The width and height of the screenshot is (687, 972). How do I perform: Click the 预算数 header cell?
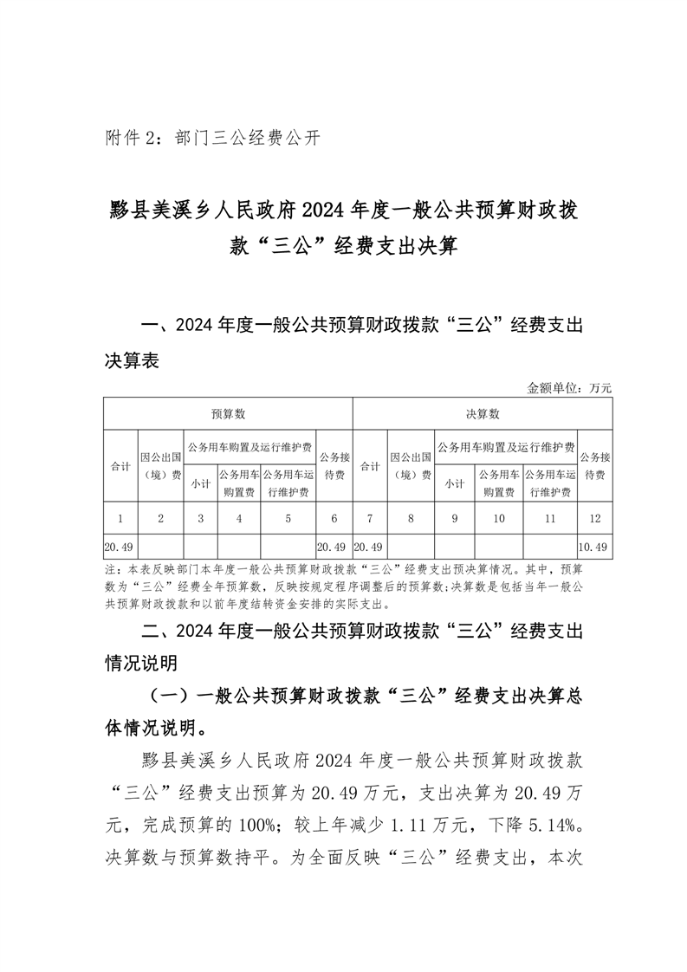tap(229, 414)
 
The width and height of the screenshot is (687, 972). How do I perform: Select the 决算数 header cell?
tap(483, 414)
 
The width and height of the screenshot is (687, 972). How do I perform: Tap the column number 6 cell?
tap(334, 519)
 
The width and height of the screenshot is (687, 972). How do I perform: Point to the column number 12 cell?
tap(594, 519)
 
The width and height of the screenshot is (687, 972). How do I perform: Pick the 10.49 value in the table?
tap(594, 547)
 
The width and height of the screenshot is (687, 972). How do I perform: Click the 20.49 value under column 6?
tap(334, 547)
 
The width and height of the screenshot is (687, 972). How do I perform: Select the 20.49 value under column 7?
tap(370, 547)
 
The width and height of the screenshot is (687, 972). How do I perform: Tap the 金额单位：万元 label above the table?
tap(569, 388)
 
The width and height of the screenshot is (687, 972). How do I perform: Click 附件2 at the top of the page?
tap(129, 138)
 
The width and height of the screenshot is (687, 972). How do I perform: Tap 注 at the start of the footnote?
tap(110, 570)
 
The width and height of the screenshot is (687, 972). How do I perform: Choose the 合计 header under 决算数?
tap(370, 465)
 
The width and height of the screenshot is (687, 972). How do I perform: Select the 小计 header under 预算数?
tap(200, 483)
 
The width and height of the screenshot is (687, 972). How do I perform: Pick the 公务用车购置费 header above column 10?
tap(499, 483)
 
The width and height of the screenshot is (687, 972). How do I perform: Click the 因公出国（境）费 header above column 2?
tap(160, 465)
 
